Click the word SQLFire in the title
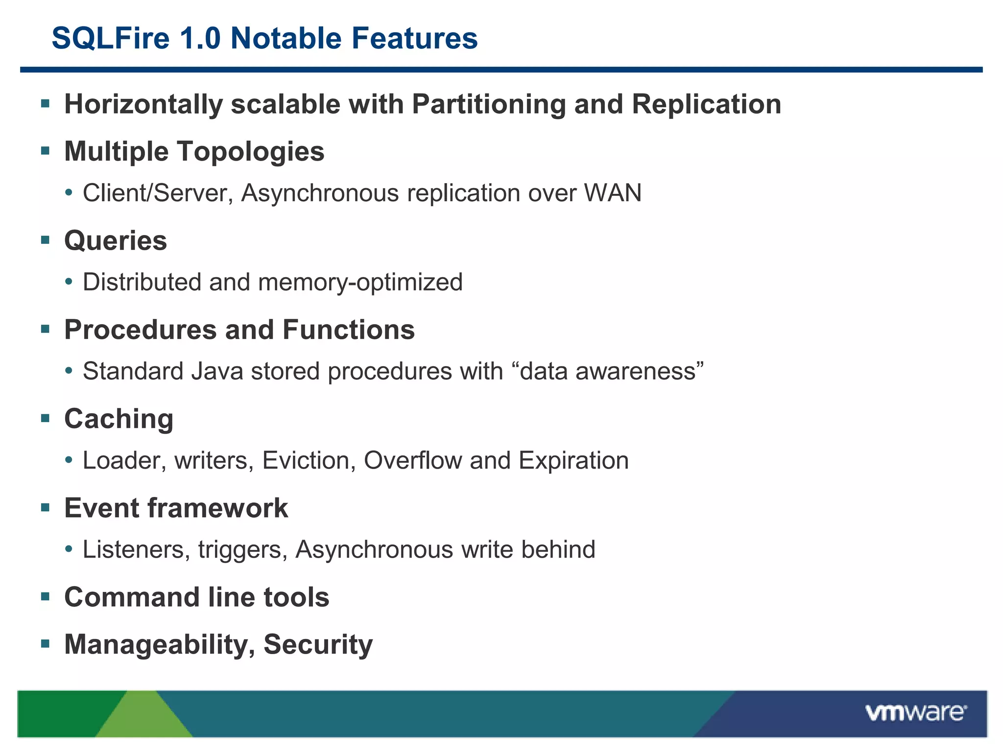click(x=111, y=38)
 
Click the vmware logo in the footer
click(x=916, y=713)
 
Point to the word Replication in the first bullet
click(x=706, y=104)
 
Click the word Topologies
click(x=250, y=151)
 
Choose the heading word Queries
click(x=116, y=241)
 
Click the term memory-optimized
click(x=360, y=282)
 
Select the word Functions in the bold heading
click(x=349, y=329)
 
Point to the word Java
click(x=217, y=371)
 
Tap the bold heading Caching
click(x=119, y=419)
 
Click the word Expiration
click(x=573, y=461)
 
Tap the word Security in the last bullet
click(x=318, y=644)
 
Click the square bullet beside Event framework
click(x=46, y=507)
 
